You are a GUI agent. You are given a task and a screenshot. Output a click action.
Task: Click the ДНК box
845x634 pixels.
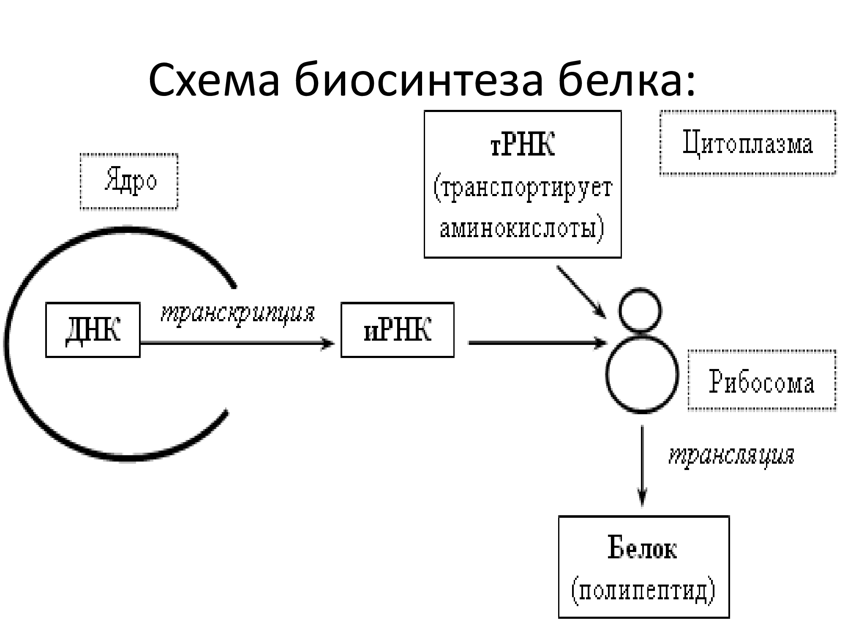point(93,330)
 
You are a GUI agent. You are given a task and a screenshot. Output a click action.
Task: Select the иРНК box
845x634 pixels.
point(397,330)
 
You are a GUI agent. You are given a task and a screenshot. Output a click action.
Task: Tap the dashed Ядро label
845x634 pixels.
point(129,182)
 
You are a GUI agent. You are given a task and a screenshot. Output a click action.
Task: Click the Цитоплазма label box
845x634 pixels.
point(747,142)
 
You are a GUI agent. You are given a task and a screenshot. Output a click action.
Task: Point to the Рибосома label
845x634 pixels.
point(762,380)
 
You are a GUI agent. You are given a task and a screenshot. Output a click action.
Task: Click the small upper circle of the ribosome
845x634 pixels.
point(640,310)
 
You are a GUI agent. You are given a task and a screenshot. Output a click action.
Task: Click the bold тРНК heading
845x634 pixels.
point(522,145)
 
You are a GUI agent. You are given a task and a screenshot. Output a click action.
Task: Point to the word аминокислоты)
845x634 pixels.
point(522,229)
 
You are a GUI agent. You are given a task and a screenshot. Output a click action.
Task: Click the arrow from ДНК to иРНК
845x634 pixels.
point(237,343)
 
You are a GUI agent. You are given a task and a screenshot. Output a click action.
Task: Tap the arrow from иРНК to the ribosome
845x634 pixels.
point(537,343)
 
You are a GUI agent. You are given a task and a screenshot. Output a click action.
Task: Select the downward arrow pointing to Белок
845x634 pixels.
point(642,465)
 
